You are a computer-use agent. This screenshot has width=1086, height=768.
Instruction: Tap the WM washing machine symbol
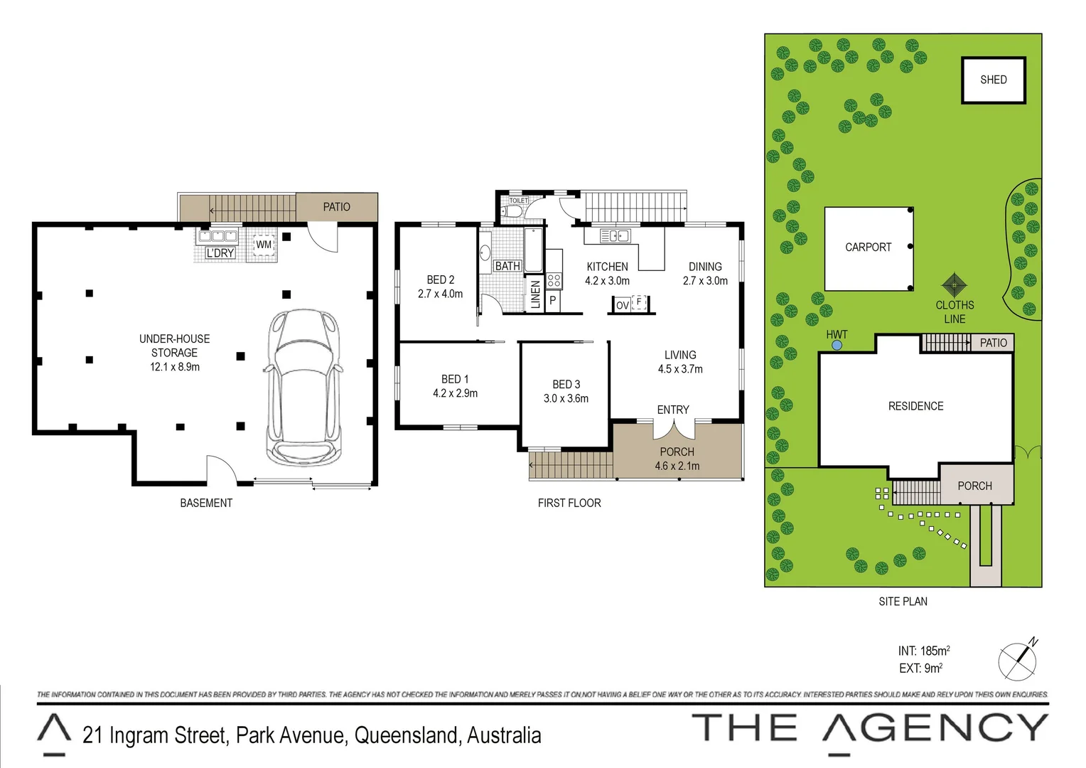(264, 245)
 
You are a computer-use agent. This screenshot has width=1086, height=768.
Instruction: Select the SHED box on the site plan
(993, 80)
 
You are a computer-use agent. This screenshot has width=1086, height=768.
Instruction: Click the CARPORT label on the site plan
(868, 247)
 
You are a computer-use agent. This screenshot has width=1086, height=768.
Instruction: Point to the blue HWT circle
(837, 345)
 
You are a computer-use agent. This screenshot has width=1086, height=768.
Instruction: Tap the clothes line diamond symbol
(954, 285)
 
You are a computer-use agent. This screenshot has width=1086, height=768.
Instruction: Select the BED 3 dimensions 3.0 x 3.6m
(566, 398)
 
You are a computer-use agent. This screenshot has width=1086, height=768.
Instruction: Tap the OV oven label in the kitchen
(622, 305)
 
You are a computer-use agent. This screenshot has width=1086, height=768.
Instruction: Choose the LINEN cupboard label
(535, 294)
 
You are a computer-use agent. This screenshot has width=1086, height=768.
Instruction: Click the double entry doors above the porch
(673, 429)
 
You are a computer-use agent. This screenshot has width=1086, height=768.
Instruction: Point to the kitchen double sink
(615, 236)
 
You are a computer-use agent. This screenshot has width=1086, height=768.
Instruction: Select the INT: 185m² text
(923, 651)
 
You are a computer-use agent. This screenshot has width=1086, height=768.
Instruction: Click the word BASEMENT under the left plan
(206, 503)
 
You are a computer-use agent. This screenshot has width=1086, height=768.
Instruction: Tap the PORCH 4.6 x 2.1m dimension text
(677, 466)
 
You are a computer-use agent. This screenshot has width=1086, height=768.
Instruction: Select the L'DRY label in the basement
(220, 253)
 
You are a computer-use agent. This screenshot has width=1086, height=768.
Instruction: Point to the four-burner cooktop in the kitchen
(554, 281)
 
